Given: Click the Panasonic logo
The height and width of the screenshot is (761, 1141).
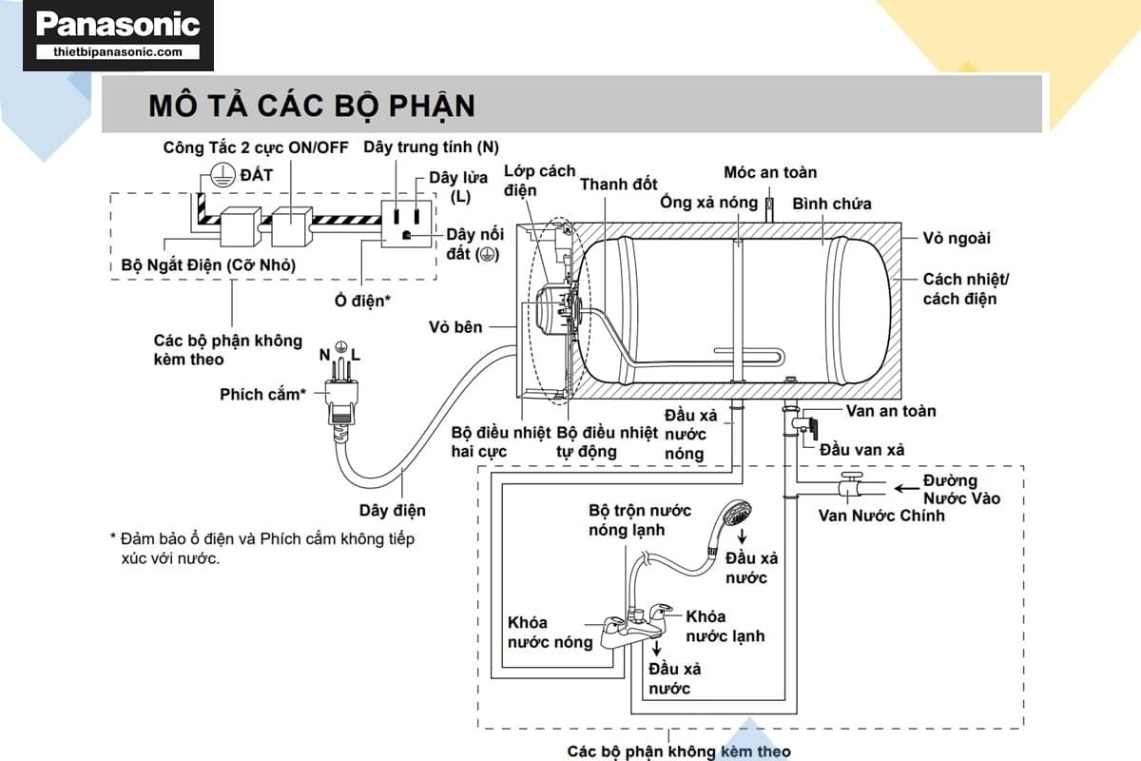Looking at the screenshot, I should pyautogui.click(x=118, y=24).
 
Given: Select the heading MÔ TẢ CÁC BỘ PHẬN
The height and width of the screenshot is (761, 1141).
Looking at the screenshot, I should pyautogui.click(x=311, y=105).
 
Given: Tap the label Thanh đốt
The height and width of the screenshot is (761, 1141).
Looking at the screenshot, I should pyautogui.click(x=618, y=185).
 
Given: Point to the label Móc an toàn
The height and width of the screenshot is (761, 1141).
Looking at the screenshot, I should pyautogui.click(x=770, y=172).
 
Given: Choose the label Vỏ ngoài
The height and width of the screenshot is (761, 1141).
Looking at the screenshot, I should pyautogui.click(x=957, y=239).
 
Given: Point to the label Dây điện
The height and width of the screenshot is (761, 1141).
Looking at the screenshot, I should pyautogui.click(x=393, y=511).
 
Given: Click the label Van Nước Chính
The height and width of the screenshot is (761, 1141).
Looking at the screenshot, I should pyautogui.click(x=881, y=516).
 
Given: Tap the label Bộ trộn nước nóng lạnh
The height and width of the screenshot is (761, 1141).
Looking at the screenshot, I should pyautogui.click(x=640, y=520).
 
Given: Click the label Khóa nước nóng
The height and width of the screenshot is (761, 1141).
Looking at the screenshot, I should pyautogui.click(x=550, y=632).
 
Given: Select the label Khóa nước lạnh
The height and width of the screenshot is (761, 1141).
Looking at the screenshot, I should pyautogui.click(x=725, y=626).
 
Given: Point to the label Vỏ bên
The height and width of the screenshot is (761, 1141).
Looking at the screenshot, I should pyautogui.click(x=455, y=327).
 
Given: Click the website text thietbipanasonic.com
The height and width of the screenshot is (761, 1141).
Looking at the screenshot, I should pyautogui.click(x=118, y=52).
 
